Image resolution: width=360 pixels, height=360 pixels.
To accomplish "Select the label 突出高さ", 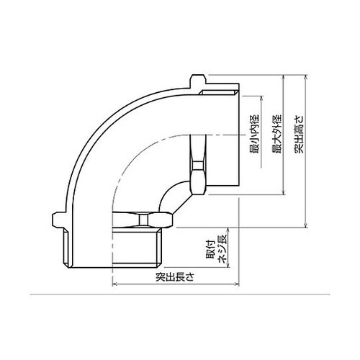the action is click(x=299, y=134).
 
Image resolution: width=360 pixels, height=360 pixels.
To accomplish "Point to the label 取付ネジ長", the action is click(x=215, y=251).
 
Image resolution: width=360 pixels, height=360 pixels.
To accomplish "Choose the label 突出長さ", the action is click(x=174, y=277).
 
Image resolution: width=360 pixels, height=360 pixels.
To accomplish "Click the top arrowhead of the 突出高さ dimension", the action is click(x=305, y=77).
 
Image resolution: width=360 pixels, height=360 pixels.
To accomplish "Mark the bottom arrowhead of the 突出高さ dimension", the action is click(x=305, y=225).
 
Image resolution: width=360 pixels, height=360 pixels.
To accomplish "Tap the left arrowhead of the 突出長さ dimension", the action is click(x=114, y=284).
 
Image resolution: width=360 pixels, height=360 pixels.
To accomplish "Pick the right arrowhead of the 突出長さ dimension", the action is click(x=237, y=284).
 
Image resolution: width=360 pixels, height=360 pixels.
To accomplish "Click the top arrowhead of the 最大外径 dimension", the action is click(x=284, y=77).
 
